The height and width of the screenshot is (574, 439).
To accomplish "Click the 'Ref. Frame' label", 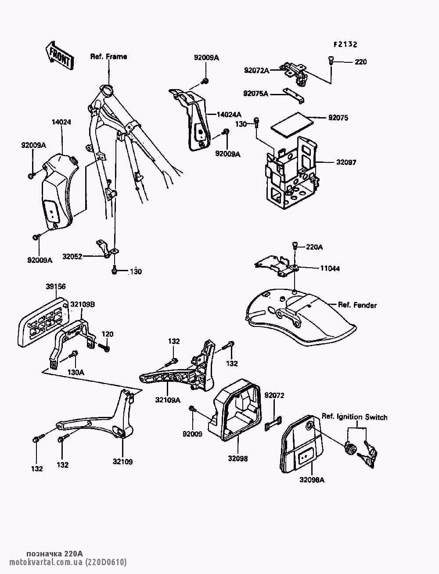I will pyautogui.click(x=108, y=57).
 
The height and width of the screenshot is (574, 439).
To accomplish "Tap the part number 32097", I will pyautogui.click(x=346, y=162).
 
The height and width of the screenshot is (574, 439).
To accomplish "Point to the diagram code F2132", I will pyautogui.click(x=345, y=44).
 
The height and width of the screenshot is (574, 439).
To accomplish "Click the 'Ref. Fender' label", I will pyautogui.click(x=357, y=305).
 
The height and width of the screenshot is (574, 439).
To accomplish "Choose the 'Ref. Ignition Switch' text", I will pyautogui.click(x=355, y=417).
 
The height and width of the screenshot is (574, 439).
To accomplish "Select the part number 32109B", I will pyautogui.click(x=83, y=304).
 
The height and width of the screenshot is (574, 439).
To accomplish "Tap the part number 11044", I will pyautogui.click(x=329, y=268).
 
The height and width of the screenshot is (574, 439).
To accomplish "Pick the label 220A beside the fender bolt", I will pyautogui.click(x=314, y=248).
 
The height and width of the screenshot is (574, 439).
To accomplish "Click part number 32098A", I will pyautogui.click(x=312, y=480).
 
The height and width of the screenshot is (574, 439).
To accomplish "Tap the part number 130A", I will pyautogui.click(x=76, y=372).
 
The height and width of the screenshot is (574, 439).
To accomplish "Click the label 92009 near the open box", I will pyautogui.click(x=193, y=434).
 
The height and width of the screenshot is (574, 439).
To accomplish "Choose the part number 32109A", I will pyautogui.click(x=168, y=400).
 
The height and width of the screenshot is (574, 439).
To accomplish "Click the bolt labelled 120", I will pyautogui.click(x=105, y=348).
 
